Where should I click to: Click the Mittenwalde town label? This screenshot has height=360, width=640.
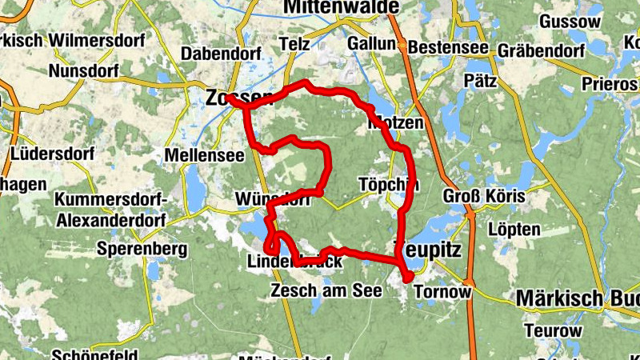[x=340, y=7]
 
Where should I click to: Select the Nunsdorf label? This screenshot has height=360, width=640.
[x=84, y=70]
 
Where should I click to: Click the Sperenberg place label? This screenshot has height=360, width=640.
[x=130, y=248]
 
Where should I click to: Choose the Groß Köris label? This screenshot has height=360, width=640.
[x=484, y=197]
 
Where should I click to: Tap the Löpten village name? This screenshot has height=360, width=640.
[x=513, y=230]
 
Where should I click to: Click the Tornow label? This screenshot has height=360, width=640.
[x=442, y=291]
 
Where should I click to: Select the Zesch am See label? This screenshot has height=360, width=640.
[x=326, y=290]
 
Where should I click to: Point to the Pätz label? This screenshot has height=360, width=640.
[x=480, y=80]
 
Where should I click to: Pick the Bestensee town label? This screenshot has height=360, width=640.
[x=448, y=48]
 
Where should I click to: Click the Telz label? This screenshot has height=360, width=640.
[x=294, y=45]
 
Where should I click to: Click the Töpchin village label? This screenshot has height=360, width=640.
[x=390, y=184]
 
